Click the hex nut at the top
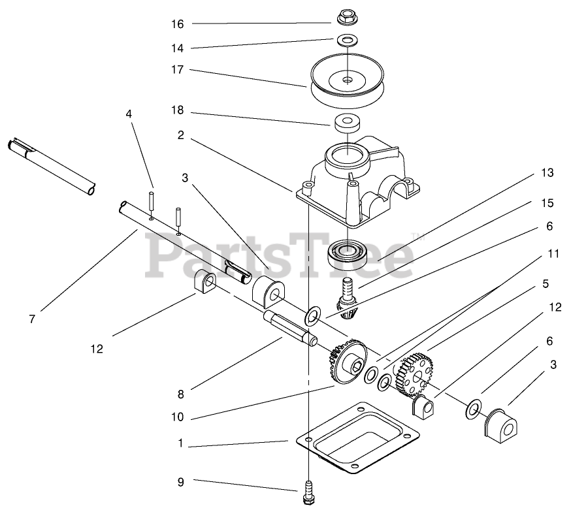346,14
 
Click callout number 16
178,24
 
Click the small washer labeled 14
347,41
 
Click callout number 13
547,173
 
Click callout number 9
180,482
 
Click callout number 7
31,319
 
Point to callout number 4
129,113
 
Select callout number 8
180,394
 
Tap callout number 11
553,254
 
